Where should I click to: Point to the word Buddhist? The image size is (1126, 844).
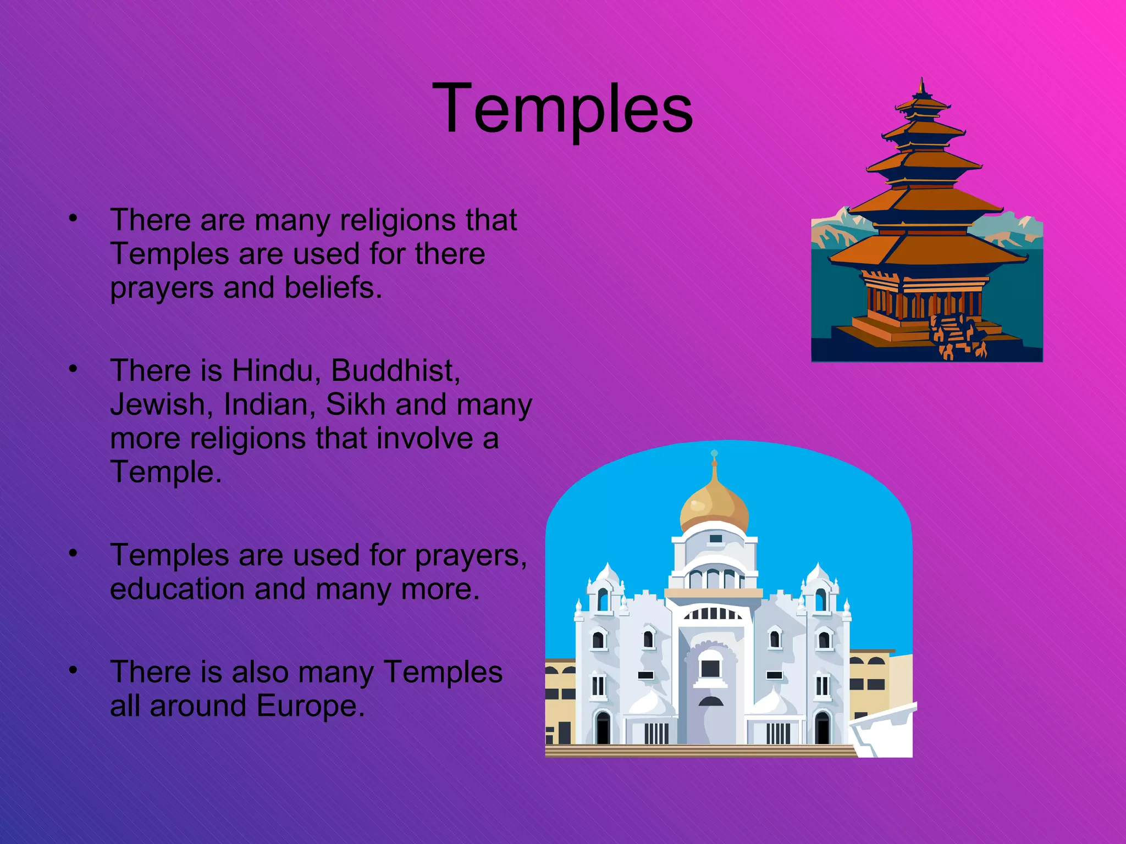click(395, 370)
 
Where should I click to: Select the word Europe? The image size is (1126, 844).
click(310, 706)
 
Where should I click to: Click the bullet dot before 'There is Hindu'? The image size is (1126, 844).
click(73, 369)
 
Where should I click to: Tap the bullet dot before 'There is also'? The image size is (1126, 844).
click(73, 670)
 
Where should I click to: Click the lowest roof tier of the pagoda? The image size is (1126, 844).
click(929, 250)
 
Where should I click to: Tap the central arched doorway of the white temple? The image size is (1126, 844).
click(710, 668)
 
